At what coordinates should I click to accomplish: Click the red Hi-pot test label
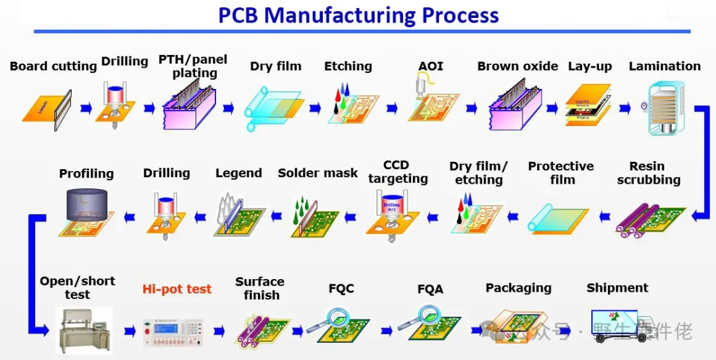point(177,289)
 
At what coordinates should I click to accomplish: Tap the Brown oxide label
point(517,66)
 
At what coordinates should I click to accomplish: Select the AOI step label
point(430,66)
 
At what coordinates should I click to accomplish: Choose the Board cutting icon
point(47,107)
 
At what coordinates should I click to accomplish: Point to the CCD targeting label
point(397,172)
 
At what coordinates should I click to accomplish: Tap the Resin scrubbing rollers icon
point(646,219)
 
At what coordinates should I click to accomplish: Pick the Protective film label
point(561,172)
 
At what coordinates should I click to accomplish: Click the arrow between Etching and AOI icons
point(392,107)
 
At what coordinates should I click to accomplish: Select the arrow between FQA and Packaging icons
point(473,330)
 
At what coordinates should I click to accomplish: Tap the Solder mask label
point(318,173)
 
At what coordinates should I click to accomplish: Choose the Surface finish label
point(260,288)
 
